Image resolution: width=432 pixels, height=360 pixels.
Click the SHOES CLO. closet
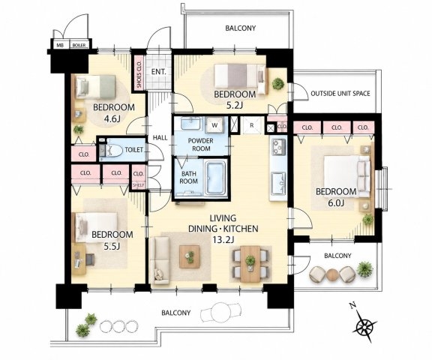[139, 73]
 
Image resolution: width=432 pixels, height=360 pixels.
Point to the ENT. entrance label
[158, 72]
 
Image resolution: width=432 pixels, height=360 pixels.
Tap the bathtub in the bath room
[216, 178]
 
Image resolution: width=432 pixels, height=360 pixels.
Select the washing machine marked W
[215, 125]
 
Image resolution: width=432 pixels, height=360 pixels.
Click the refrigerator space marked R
[251, 125]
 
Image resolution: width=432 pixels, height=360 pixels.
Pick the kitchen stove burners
[279, 148]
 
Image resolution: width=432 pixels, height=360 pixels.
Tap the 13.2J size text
[223, 239]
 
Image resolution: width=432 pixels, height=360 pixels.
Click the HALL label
[160, 138]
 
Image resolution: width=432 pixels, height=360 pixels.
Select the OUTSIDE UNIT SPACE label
[340, 94]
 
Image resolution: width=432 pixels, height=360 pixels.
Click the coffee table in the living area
[190, 256]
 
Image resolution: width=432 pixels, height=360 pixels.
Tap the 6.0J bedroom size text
[335, 203]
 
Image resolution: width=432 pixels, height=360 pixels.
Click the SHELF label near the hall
[139, 185]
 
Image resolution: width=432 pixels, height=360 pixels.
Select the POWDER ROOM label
[201, 145]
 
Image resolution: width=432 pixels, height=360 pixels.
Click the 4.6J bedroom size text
[112, 119]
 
